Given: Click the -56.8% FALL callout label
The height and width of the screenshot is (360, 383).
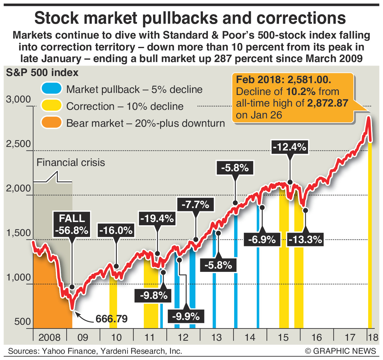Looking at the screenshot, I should point(72,224).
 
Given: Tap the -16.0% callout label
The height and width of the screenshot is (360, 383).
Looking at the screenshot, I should point(116,230).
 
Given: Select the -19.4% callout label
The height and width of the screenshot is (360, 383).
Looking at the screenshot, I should point(157,219).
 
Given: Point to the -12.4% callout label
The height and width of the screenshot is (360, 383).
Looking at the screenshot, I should point(289,147).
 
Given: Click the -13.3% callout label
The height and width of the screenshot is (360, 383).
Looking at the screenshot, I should point(305,239).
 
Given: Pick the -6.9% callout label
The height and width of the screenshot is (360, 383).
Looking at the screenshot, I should point(262,239).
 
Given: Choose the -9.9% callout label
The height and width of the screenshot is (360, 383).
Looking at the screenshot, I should point(186,316).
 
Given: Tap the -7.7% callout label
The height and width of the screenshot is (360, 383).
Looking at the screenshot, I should point(195,204).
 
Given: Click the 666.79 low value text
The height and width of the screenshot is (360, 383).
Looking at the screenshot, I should point(111,319).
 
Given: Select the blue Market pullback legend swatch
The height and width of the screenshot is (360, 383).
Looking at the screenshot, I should point(52,89).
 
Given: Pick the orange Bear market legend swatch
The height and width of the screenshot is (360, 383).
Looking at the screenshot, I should point(52,123).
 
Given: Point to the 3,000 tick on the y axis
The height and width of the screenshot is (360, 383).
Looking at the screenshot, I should point(18,99).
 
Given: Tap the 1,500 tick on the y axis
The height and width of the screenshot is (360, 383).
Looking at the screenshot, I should point(18,233).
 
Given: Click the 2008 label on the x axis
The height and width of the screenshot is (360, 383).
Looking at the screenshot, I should point(49,337).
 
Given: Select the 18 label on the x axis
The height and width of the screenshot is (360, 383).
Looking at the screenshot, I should point(373,337).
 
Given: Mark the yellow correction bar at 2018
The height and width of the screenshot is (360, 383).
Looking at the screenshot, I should point(370,237).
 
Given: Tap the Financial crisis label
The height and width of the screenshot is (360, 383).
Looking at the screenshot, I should point(71,163).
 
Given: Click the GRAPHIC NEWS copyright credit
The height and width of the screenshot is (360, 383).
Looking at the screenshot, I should point(341,351).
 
